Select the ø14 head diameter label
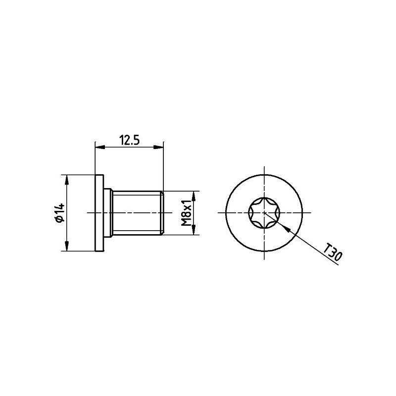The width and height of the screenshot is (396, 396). click(59, 213)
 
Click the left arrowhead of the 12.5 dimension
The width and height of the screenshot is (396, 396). click(98, 147)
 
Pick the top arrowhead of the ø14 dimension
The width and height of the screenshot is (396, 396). click(66, 179)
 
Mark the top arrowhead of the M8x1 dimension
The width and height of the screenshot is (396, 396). click(194, 195)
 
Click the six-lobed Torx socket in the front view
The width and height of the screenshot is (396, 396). click(264, 213)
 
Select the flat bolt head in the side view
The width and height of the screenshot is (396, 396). click(99, 213)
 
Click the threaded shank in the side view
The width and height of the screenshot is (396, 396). click(136, 213)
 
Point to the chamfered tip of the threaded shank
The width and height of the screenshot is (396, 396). click(161, 213)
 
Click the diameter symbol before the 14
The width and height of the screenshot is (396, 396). click(59, 220)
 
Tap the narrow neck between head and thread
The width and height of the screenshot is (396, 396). click(107, 213)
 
